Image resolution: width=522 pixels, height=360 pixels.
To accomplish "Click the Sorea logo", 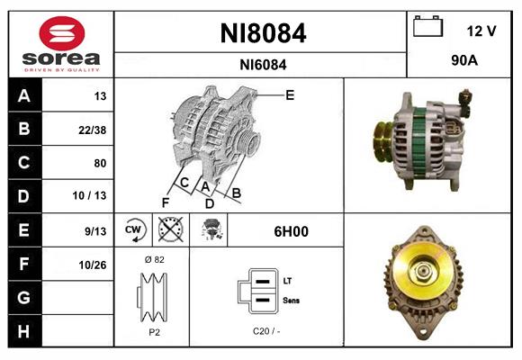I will pos(61,44).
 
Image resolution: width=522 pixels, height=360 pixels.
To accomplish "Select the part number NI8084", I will pos(263,34).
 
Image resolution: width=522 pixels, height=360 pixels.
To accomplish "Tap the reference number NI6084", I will pos(263,64).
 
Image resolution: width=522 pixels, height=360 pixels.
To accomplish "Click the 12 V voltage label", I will pos(481,31).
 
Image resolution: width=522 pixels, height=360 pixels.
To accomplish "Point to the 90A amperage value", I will pos(464,61).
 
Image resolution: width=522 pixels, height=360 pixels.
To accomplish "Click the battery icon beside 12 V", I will pos(427,27).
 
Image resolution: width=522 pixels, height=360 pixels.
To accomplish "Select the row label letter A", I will pos(23,95).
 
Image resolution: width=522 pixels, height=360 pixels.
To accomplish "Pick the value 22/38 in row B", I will pos(94,130).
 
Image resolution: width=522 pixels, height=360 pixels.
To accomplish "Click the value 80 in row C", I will pos(99,163).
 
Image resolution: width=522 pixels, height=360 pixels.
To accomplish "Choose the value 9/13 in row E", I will pos(94,230).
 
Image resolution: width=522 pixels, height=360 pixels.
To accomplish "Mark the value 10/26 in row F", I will pos(93,265).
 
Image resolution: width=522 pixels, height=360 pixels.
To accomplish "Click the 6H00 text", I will pos(291,231).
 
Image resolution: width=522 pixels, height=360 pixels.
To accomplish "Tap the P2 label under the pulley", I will pos(153,331).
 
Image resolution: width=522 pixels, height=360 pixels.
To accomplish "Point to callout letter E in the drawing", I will pos(290,94).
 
